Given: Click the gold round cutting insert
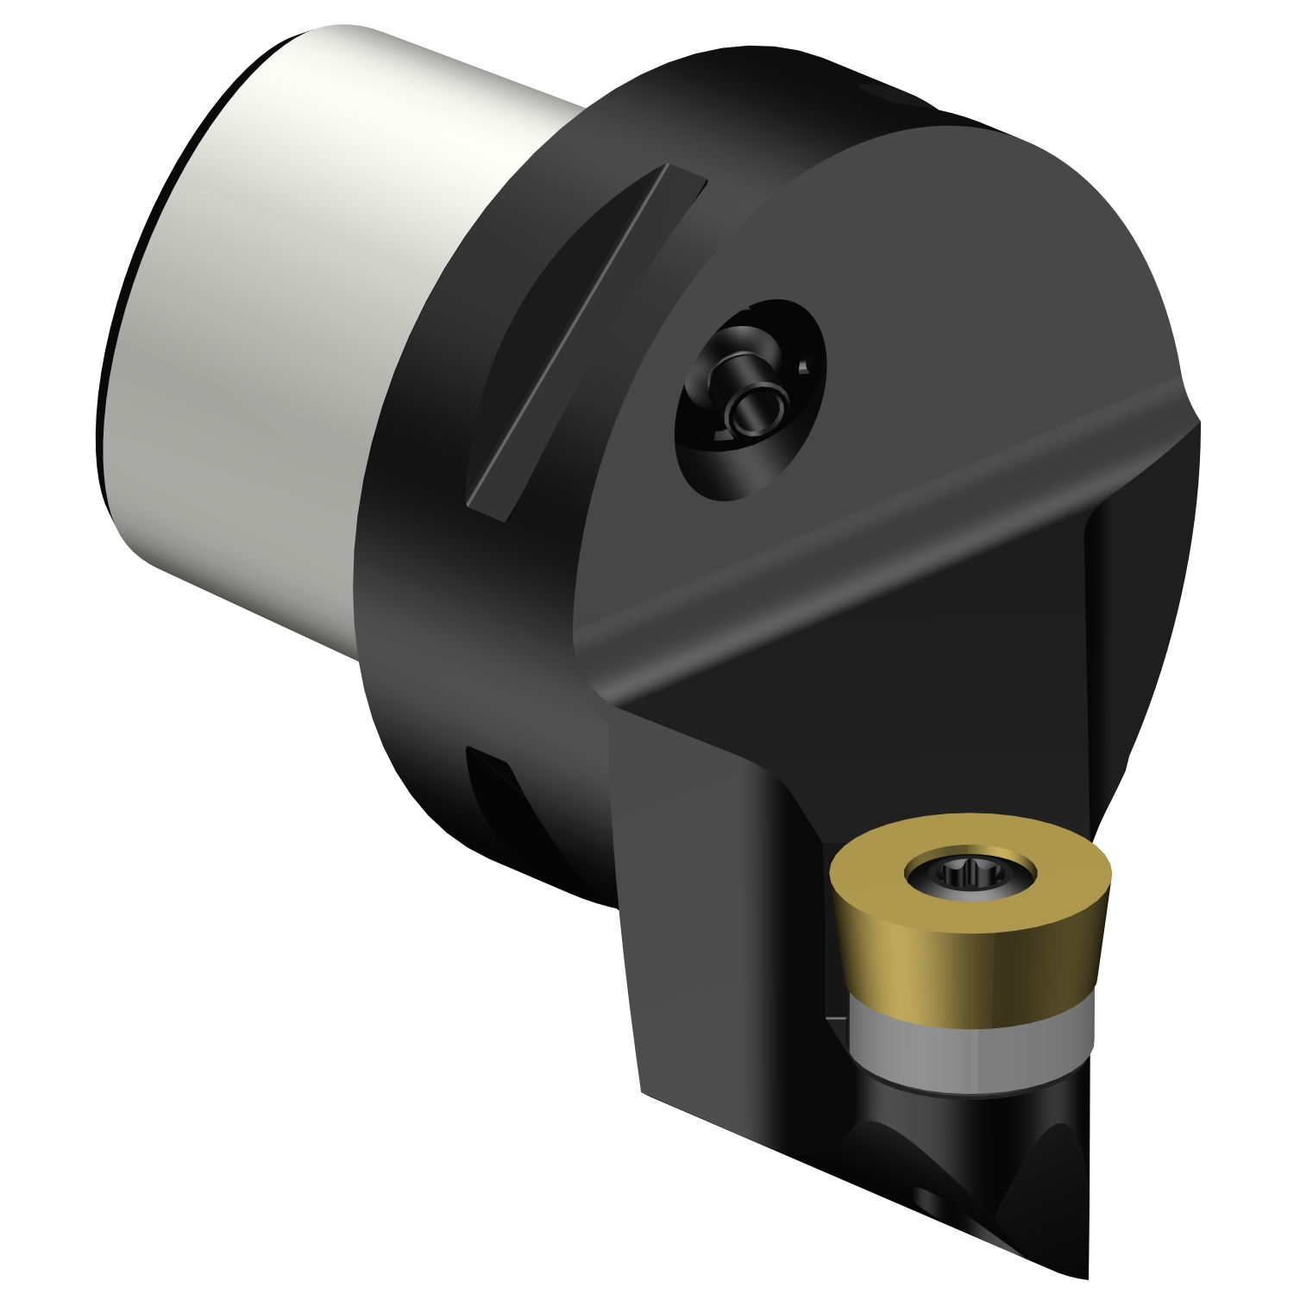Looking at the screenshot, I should point(966,914).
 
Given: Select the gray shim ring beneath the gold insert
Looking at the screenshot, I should point(966,1048).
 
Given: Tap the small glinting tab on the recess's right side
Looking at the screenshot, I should point(803,367).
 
